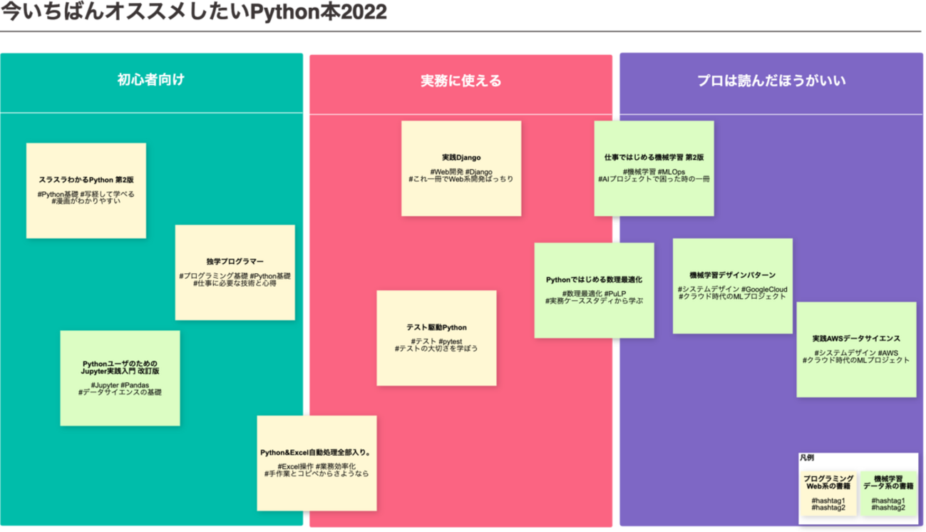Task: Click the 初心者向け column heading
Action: pyautogui.click(x=150, y=80)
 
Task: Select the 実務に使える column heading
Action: pyautogui.click(x=461, y=81)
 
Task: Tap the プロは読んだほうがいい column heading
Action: pyautogui.click(x=771, y=81)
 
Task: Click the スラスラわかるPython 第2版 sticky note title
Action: pyautogui.click(x=86, y=180)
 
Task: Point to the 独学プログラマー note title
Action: pyautogui.click(x=235, y=262)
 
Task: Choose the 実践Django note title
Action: pyautogui.click(x=461, y=158)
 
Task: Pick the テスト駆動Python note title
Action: pyautogui.click(x=436, y=327)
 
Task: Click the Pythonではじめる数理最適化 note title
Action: pyautogui.click(x=594, y=280)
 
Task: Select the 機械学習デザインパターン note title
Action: pyautogui.click(x=732, y=275)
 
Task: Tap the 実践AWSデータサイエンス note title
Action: pyautogui.click(x=856, y=339)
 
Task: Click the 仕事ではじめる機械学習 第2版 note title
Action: pyautogui.click(x=654, y=158)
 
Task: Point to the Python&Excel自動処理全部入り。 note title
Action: pyautogui.click(x=317, y=453)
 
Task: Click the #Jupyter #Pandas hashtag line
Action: pyautogui.click(x=120, y=385)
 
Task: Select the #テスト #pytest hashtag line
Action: pyautogui.click(x=436, y=342)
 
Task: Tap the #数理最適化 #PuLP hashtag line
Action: pyautogui.click(x=594, y=294)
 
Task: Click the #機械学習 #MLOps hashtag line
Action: pyautogui.click(x=654, y=172)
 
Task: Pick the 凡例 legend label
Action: pyautogui.click(x=806, y=458)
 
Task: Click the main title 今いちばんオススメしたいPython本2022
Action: pyautogui.click(x=194, y=13)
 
